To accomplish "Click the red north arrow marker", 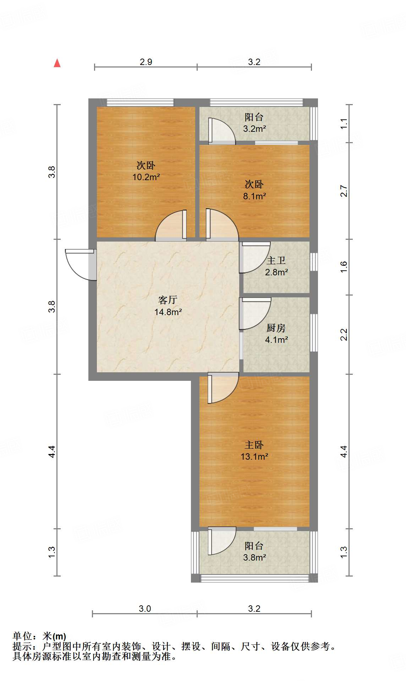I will pos(57,63).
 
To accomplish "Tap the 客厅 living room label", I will pos(168,300).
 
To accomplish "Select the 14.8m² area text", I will pos(168,312).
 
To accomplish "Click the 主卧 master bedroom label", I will pos(254,445).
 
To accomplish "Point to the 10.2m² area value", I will pos(146,177).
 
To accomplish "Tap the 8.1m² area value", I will pos(254,196).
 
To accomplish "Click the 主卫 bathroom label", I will pos(276,260).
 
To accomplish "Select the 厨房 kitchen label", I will pos(276,328).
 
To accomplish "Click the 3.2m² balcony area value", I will pos(254,129).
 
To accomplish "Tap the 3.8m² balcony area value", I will pos(254,557).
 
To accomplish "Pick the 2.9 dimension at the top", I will pos(146,62).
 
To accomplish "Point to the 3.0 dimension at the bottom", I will pos(145,609).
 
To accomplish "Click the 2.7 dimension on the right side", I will pos(344,191).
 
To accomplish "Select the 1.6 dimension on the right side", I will pos(344,267).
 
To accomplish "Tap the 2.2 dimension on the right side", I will pos(344,335).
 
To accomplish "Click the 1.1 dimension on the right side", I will pos(344,124).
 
